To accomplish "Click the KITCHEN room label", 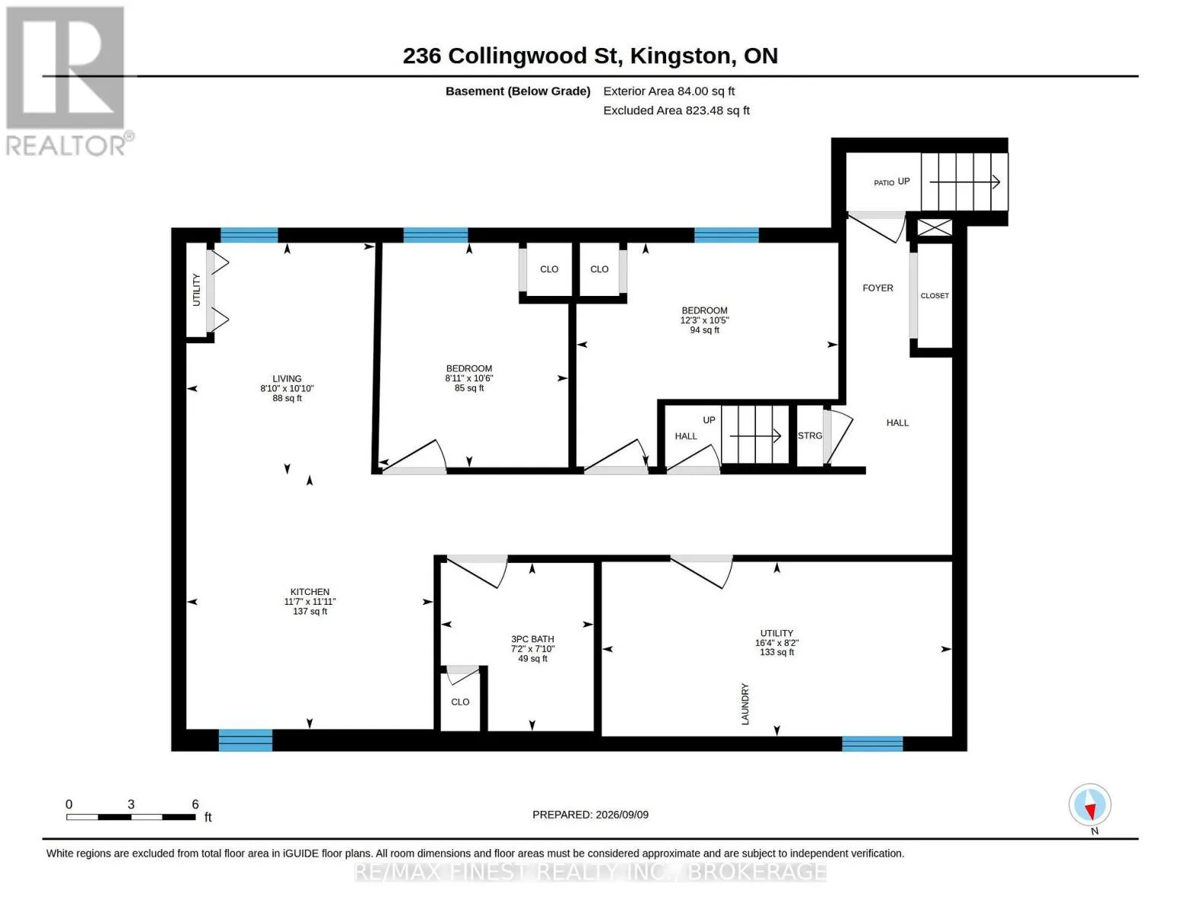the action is point(310,592).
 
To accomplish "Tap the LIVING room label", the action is point(287,378).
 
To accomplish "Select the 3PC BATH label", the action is point(532,639).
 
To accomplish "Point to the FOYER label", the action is point(877,288).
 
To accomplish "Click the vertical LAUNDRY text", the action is point(744,705).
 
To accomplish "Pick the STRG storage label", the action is point(809,435).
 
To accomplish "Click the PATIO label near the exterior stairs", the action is point(884,183).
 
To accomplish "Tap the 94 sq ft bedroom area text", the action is point(704,330).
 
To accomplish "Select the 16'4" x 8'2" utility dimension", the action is point(776,643).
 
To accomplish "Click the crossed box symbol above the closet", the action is point(935,227).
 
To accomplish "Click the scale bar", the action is point(131,816).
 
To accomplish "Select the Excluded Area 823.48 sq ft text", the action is point(676,110).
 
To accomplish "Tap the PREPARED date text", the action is point(590,815).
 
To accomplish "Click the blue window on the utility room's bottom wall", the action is point(871,743).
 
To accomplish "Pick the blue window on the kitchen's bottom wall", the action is point(245,740).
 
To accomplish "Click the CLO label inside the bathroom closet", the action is point(460,702).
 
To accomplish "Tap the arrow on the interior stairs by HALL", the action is point(755,435).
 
